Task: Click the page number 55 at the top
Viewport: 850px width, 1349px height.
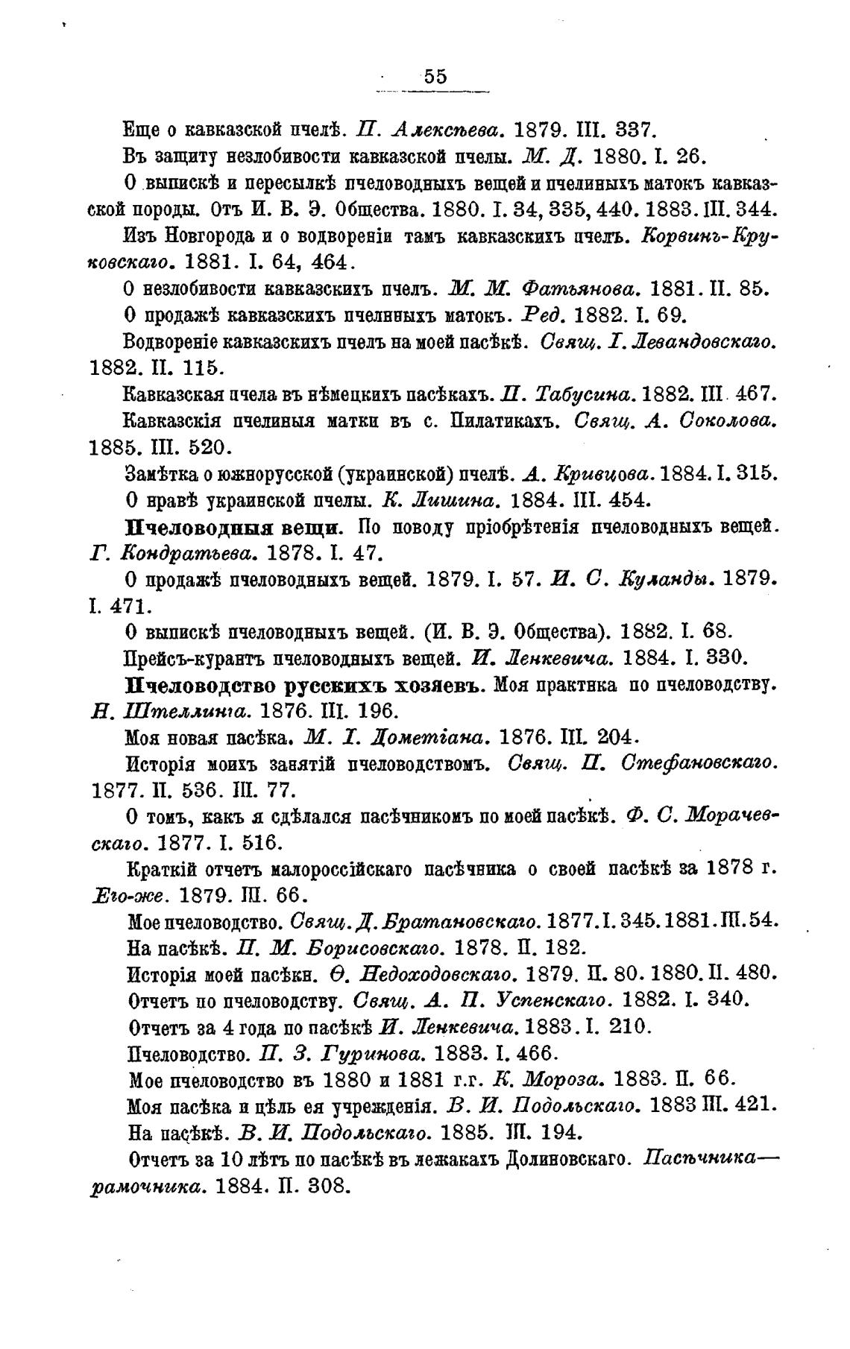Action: point(435,77)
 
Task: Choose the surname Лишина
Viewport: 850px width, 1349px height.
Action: point(455,499)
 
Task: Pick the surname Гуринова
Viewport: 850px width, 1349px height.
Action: point(367,1053)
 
